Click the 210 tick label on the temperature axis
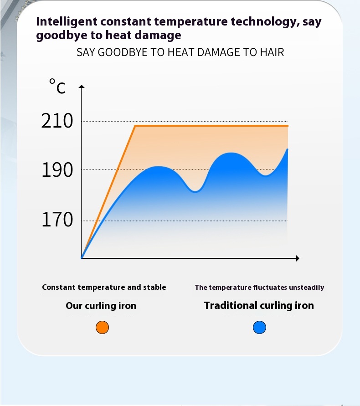point(57,122)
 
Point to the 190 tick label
point(57,170)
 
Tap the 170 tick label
point(57,220)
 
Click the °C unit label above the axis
point(57,86)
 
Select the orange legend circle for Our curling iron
point(102,327)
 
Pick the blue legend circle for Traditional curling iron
point(259,327)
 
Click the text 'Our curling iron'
point(101,306)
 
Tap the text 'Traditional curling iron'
point(259,306)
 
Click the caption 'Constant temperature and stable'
point(104,287)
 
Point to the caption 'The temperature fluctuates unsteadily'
point(259,288)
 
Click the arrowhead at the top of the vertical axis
point(82,87)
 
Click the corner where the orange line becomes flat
point(136,125)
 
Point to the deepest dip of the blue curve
point(195,191)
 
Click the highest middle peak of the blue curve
point(231,153)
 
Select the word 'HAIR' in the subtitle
point(272,52)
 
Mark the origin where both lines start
point(82,258)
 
